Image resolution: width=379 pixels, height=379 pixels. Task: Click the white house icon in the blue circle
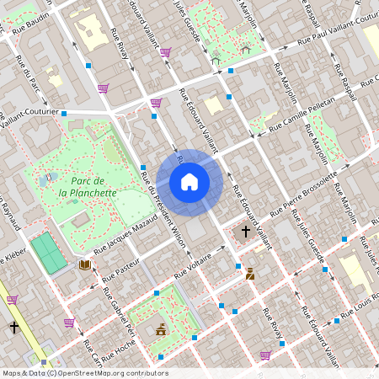(x=189, y=182)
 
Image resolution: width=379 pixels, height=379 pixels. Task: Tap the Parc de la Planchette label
(x=88, y=187)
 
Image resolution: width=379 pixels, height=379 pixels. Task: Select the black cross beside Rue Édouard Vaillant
(x=246, y=231)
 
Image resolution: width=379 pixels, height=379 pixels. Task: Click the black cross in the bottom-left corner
(x=13, y=327)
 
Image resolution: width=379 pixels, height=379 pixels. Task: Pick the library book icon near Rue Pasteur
(x=84, y=264)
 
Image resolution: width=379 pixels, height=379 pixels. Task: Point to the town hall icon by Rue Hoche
(x=160, y=329)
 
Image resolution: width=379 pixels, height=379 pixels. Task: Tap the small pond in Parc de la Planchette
(x=43, y=180)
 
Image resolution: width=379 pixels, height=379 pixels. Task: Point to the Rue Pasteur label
(x=115, y=267)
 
